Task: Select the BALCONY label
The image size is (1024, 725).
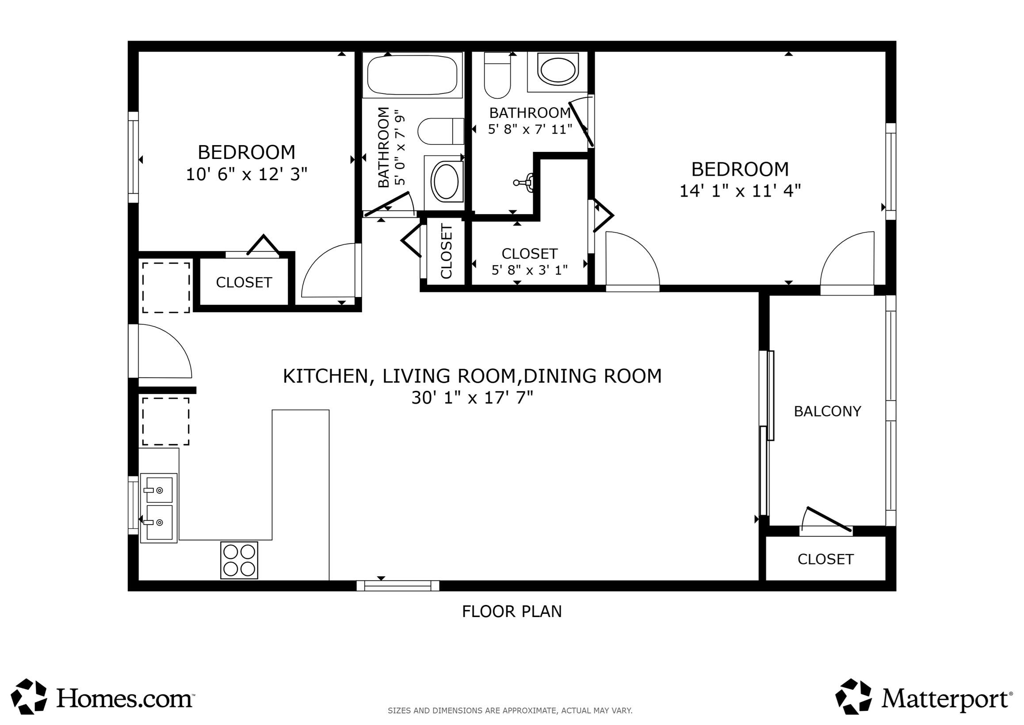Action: tap(827, 411)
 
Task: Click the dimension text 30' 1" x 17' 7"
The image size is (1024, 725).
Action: tap(472, 397)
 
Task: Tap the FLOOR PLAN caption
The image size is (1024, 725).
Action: tap(512, 611)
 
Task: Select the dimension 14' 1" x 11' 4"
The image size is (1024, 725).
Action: tap(740, 191)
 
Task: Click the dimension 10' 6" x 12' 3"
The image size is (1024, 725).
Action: tap(247, 174)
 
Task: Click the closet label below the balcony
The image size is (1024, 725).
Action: tap(825, 559)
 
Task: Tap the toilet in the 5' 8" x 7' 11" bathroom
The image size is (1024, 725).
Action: tap(497, 76)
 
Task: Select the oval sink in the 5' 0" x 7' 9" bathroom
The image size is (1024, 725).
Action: tap(446, 182)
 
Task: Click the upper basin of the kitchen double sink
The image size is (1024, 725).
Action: tap(159, 490)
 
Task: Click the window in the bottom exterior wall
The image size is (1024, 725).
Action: tap(398, 585)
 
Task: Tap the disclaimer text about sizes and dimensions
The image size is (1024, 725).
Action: tap(510, 711)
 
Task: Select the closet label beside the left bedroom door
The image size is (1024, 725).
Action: tap(244, 282)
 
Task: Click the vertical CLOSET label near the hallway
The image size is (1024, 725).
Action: tap(446, 251)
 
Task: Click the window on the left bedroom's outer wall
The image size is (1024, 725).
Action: tap(133, 157)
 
